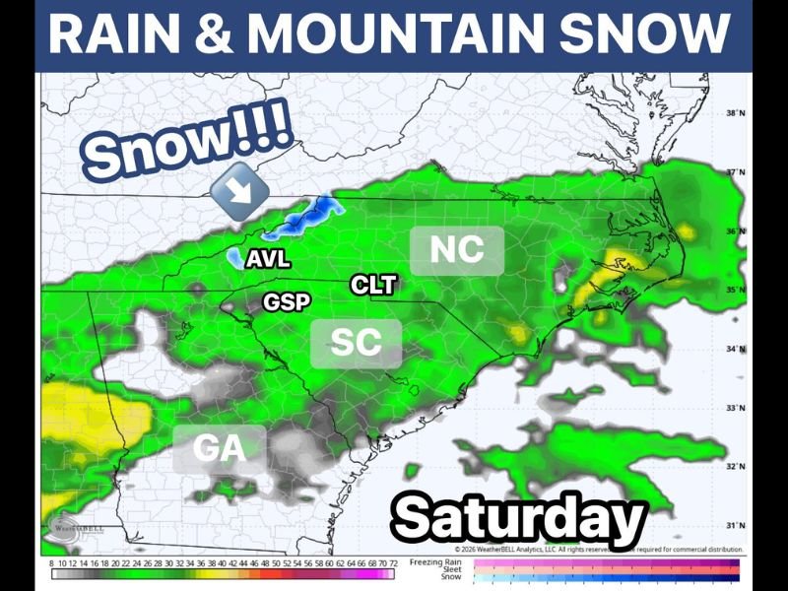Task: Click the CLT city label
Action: click(x=373, y=286)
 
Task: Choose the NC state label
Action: click(x=457, y=250)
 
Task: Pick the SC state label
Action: click(x=356, y=343)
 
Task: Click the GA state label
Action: click(x=219, y=448)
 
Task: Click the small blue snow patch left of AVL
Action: click(x=234, y=258)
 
